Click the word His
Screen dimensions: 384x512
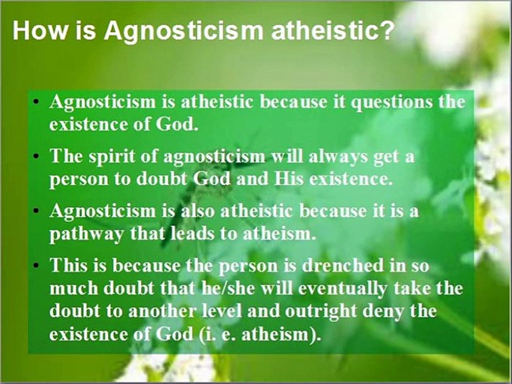pos(289,179)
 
